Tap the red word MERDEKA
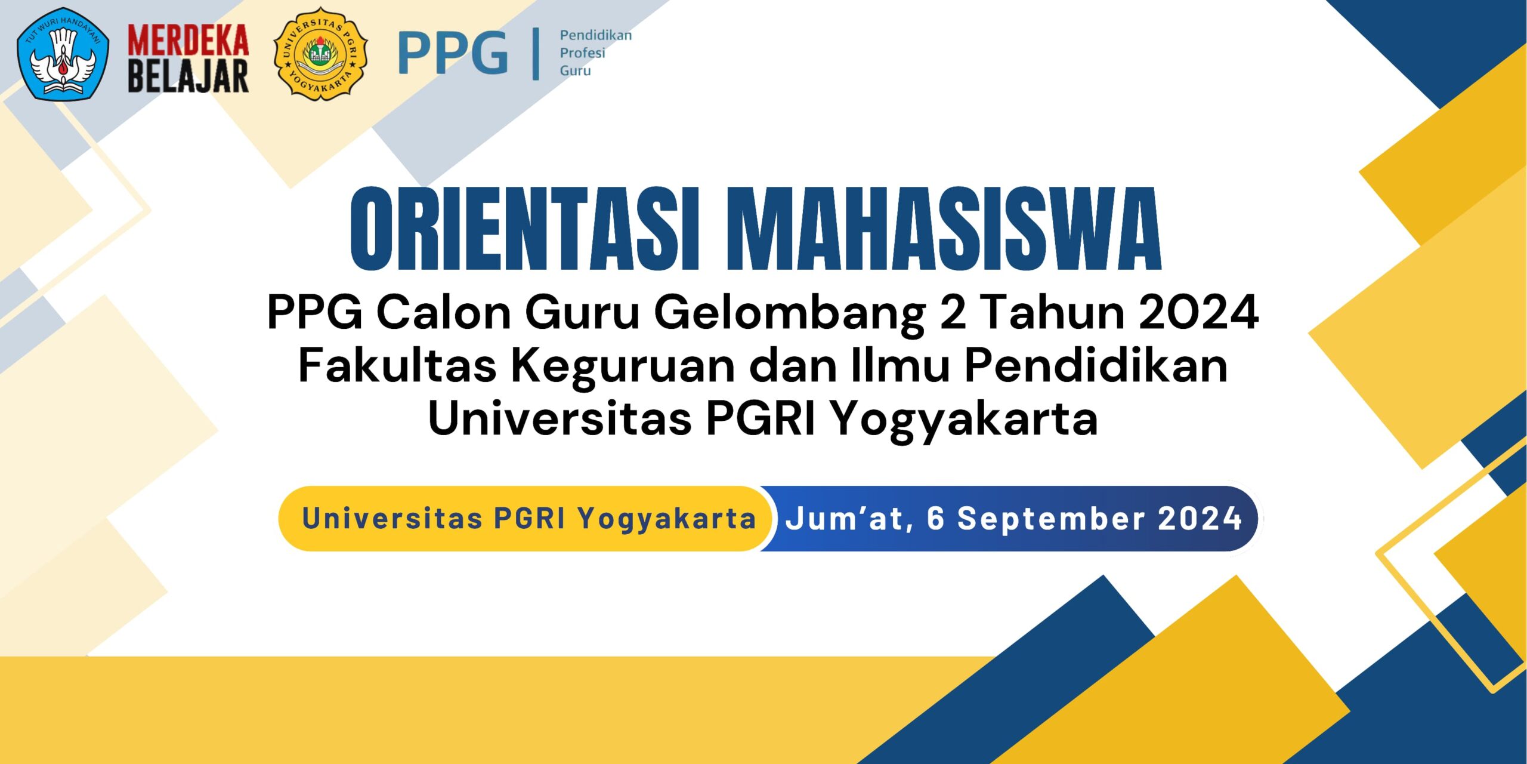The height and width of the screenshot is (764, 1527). point(188,41)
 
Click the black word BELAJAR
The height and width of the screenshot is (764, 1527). point(188,76)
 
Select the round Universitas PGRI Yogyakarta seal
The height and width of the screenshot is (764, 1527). point(320,54)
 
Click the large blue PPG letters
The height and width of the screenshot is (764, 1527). point(453,54)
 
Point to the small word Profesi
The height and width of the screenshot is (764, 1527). point(582,53)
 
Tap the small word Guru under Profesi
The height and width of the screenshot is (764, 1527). point(575,70)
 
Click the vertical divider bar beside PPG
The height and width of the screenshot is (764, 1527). point(536,54)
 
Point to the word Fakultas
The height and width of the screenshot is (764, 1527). point(397,365)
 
